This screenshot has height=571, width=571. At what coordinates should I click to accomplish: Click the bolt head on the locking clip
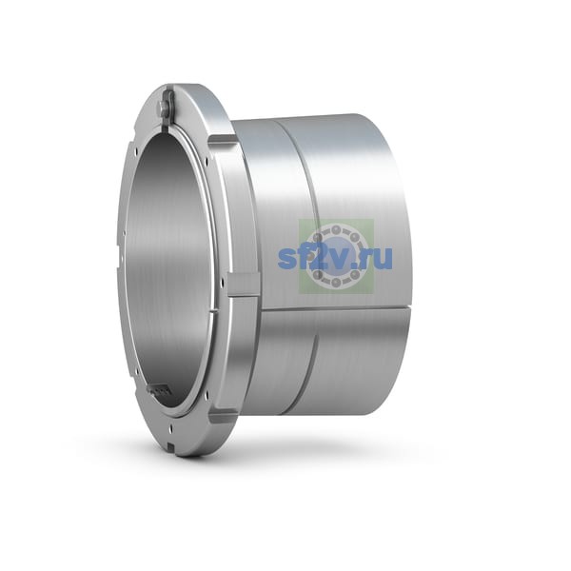(x=164, y=106)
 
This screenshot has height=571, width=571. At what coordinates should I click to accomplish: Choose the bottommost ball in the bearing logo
(x=336, y=283)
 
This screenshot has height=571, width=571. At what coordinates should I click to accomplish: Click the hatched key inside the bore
(x=159, y=391)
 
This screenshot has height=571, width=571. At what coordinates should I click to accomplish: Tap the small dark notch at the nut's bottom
(x=171, y=444)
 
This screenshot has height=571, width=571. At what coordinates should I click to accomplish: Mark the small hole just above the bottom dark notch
(x=170, y=431)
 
